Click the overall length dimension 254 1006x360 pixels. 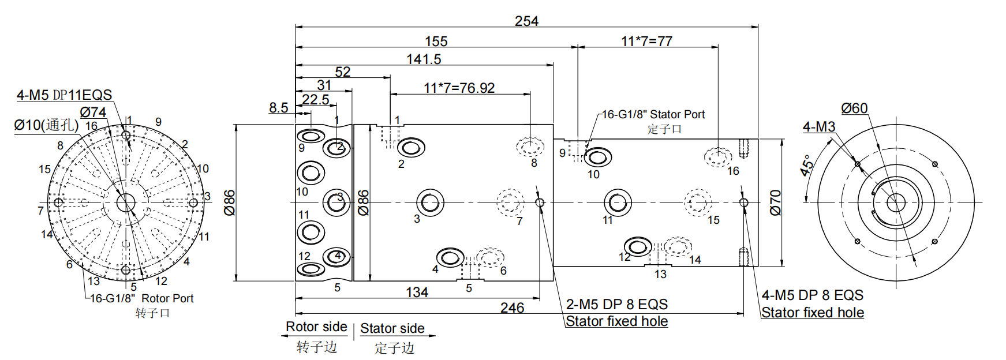tap(526, 21)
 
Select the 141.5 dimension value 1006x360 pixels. tap(424, 59)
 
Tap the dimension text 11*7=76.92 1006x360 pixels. tap(459, 88)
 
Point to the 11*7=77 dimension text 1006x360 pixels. tap(646, 42)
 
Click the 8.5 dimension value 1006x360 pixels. tap(278, 108)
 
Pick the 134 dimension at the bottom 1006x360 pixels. tap(417, 292)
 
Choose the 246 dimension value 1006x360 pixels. tap(512, 308)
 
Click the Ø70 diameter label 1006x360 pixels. tap(775, 202)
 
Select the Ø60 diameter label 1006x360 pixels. tap(854, 108)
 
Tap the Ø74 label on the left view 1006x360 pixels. tap(93, 112)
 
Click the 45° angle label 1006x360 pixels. tap(807, 165)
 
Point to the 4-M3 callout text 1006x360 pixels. tap(818, 127)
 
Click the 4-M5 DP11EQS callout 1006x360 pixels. tap(64, 95)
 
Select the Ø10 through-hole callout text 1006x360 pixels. tap(46, 125)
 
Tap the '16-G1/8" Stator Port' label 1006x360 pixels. tap(653, 115)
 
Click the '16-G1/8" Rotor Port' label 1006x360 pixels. tap(141, 298)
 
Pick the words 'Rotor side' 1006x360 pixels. tap(316, 327)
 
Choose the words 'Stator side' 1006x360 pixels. tap(392, 328)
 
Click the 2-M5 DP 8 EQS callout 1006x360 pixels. tap(616, 304)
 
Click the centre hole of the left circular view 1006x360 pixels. tap(125, 202)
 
